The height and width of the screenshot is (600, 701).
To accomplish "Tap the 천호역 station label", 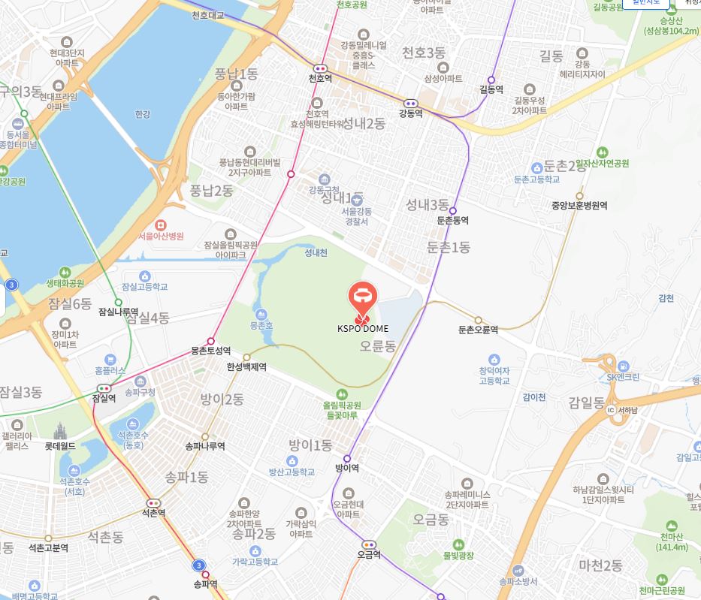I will pos(320,78).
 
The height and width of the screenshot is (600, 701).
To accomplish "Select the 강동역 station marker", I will pos(411,104).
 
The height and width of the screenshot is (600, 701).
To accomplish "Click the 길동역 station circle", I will pos(491,80).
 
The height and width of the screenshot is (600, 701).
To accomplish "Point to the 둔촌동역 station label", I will pos(452,221).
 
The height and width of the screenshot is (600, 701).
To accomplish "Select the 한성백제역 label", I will pos(246,367).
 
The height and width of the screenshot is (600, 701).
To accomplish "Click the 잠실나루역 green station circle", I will pos(118,303).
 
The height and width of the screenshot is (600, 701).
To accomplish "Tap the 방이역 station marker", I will pos(347,458).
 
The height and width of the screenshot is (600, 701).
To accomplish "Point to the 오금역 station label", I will pos(369,555).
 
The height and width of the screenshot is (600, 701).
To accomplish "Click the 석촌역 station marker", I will pos(154,503).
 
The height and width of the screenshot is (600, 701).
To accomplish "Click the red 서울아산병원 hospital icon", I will pos(159,225).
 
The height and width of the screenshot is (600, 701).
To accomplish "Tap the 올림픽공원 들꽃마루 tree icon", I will pos(342,393).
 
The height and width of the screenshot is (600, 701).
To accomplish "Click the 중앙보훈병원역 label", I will pos(579,205).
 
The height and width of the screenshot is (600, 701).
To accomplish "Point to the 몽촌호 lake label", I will pos(261,327).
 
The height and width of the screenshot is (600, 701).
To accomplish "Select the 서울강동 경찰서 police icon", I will pos(358,200).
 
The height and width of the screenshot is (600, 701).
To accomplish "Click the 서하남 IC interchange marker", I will pos(611,410).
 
